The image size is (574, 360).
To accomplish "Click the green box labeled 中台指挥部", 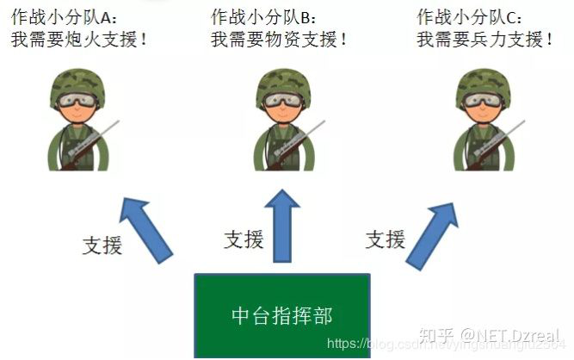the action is (281, 315).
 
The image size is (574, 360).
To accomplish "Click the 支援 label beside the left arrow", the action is (102, 245).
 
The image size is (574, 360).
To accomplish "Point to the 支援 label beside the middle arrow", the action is (244, 239).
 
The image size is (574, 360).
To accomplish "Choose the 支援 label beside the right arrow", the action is (385, 239).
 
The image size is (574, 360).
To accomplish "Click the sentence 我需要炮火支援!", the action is (80, 39).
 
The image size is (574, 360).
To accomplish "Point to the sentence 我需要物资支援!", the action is (280, 39).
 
